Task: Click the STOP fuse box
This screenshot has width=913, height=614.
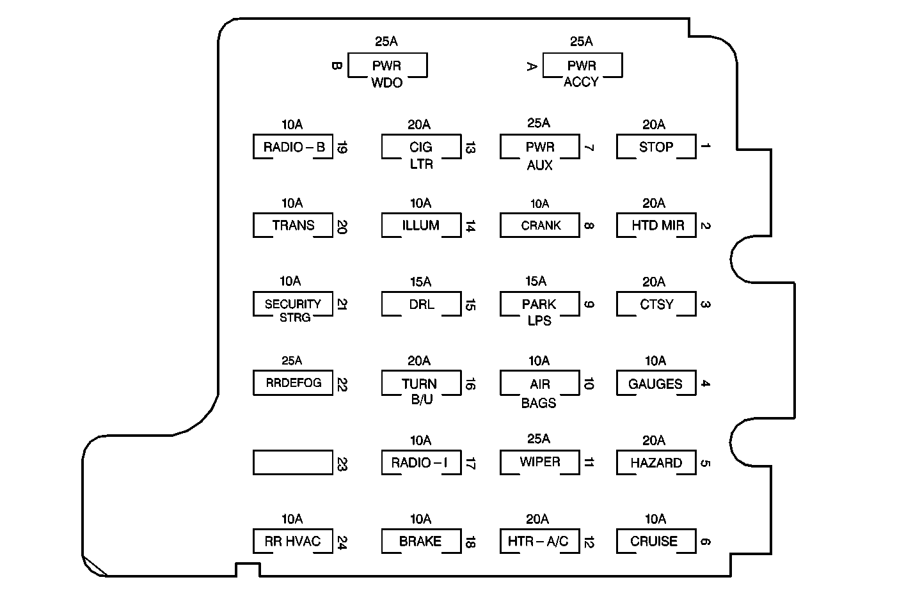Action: [x=656, y=146]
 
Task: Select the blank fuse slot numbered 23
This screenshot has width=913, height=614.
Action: [x=292, y=462]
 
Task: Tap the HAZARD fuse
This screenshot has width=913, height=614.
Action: [x=656, y=462]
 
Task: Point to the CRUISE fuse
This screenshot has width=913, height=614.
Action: [x=656, y=541]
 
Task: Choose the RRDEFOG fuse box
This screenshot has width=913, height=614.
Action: [x=292, y=383]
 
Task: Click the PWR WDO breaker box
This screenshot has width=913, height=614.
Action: [x=387, y=66]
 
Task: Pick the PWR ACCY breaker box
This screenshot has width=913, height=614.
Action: [x=582, y=66]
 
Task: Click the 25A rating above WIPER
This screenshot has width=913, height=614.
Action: [x=539, y=439]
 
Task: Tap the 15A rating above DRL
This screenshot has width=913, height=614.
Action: [x=420, y=281]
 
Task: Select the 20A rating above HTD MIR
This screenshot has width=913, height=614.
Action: [x=654, y=203]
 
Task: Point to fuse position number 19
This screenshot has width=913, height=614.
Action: [x=341, y=148]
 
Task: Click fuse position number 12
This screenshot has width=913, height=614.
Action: [x=589, y=542]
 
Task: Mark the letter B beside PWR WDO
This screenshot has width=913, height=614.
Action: [x=337, y=65]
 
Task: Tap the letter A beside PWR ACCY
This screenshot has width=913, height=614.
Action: [x=531, y=65]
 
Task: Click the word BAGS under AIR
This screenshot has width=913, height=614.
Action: [x=539, y=403]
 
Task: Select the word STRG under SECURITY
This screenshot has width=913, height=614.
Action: [x=294, y=318]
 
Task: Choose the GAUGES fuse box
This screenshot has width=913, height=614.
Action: [x=656, y=384]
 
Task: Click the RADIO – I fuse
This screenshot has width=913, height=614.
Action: [x=420, y=462]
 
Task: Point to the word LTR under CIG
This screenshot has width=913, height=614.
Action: [x=421, y=164]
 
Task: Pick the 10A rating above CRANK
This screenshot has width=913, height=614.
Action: [x=539, y=203]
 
